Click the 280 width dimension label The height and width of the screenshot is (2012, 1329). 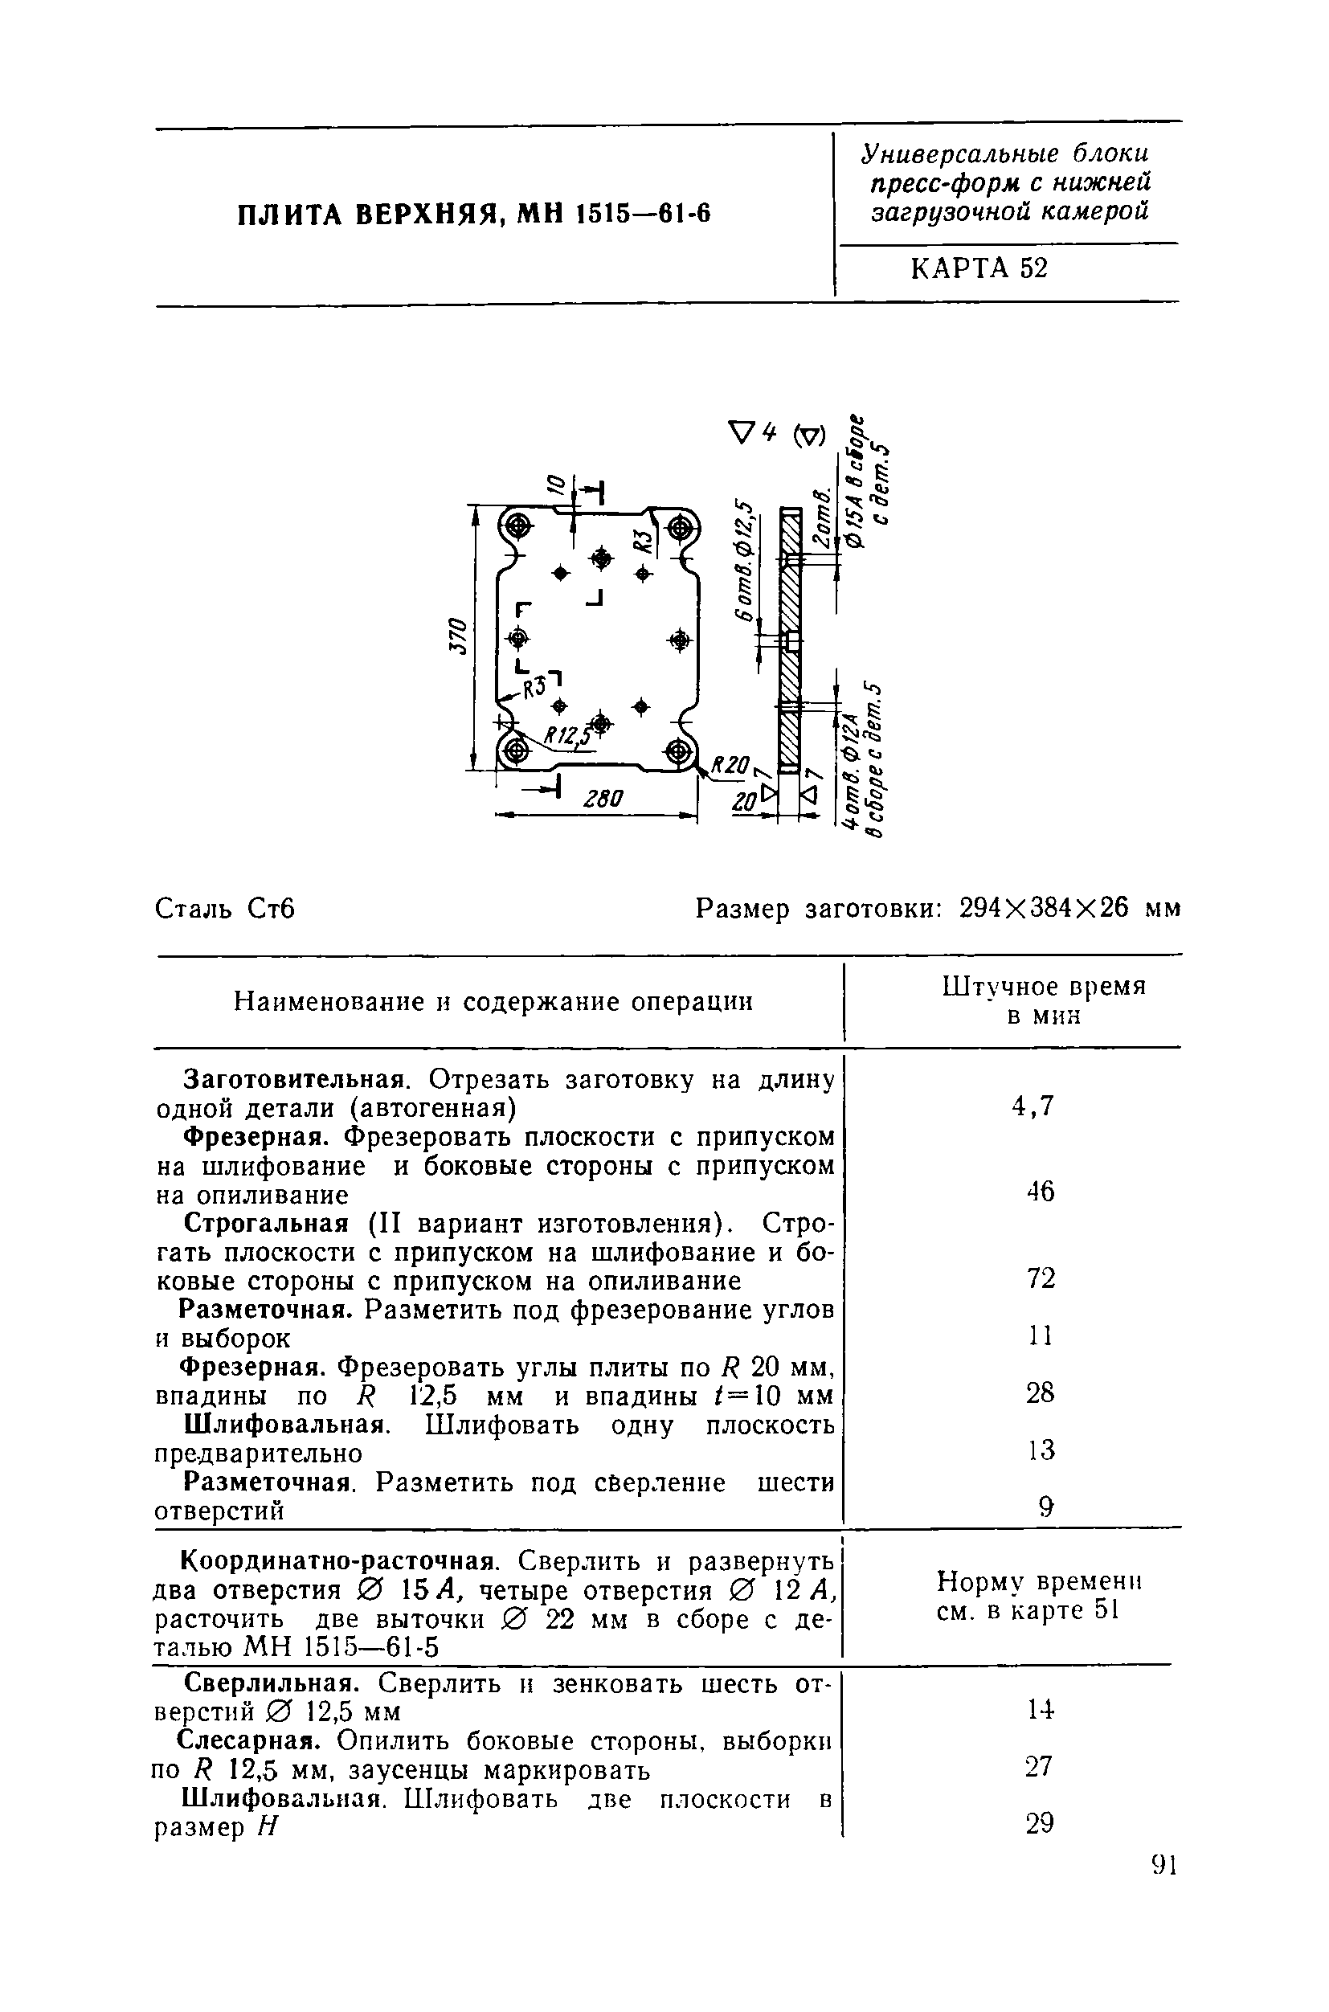click(603, 799)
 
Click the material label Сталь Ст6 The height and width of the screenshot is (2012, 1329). click(225, 910)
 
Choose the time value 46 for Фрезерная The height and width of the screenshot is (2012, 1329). click(1040, 1192)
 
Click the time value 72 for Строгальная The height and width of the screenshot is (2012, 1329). click(1040, 1278)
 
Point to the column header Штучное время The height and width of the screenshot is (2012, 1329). click(1044, 988)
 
